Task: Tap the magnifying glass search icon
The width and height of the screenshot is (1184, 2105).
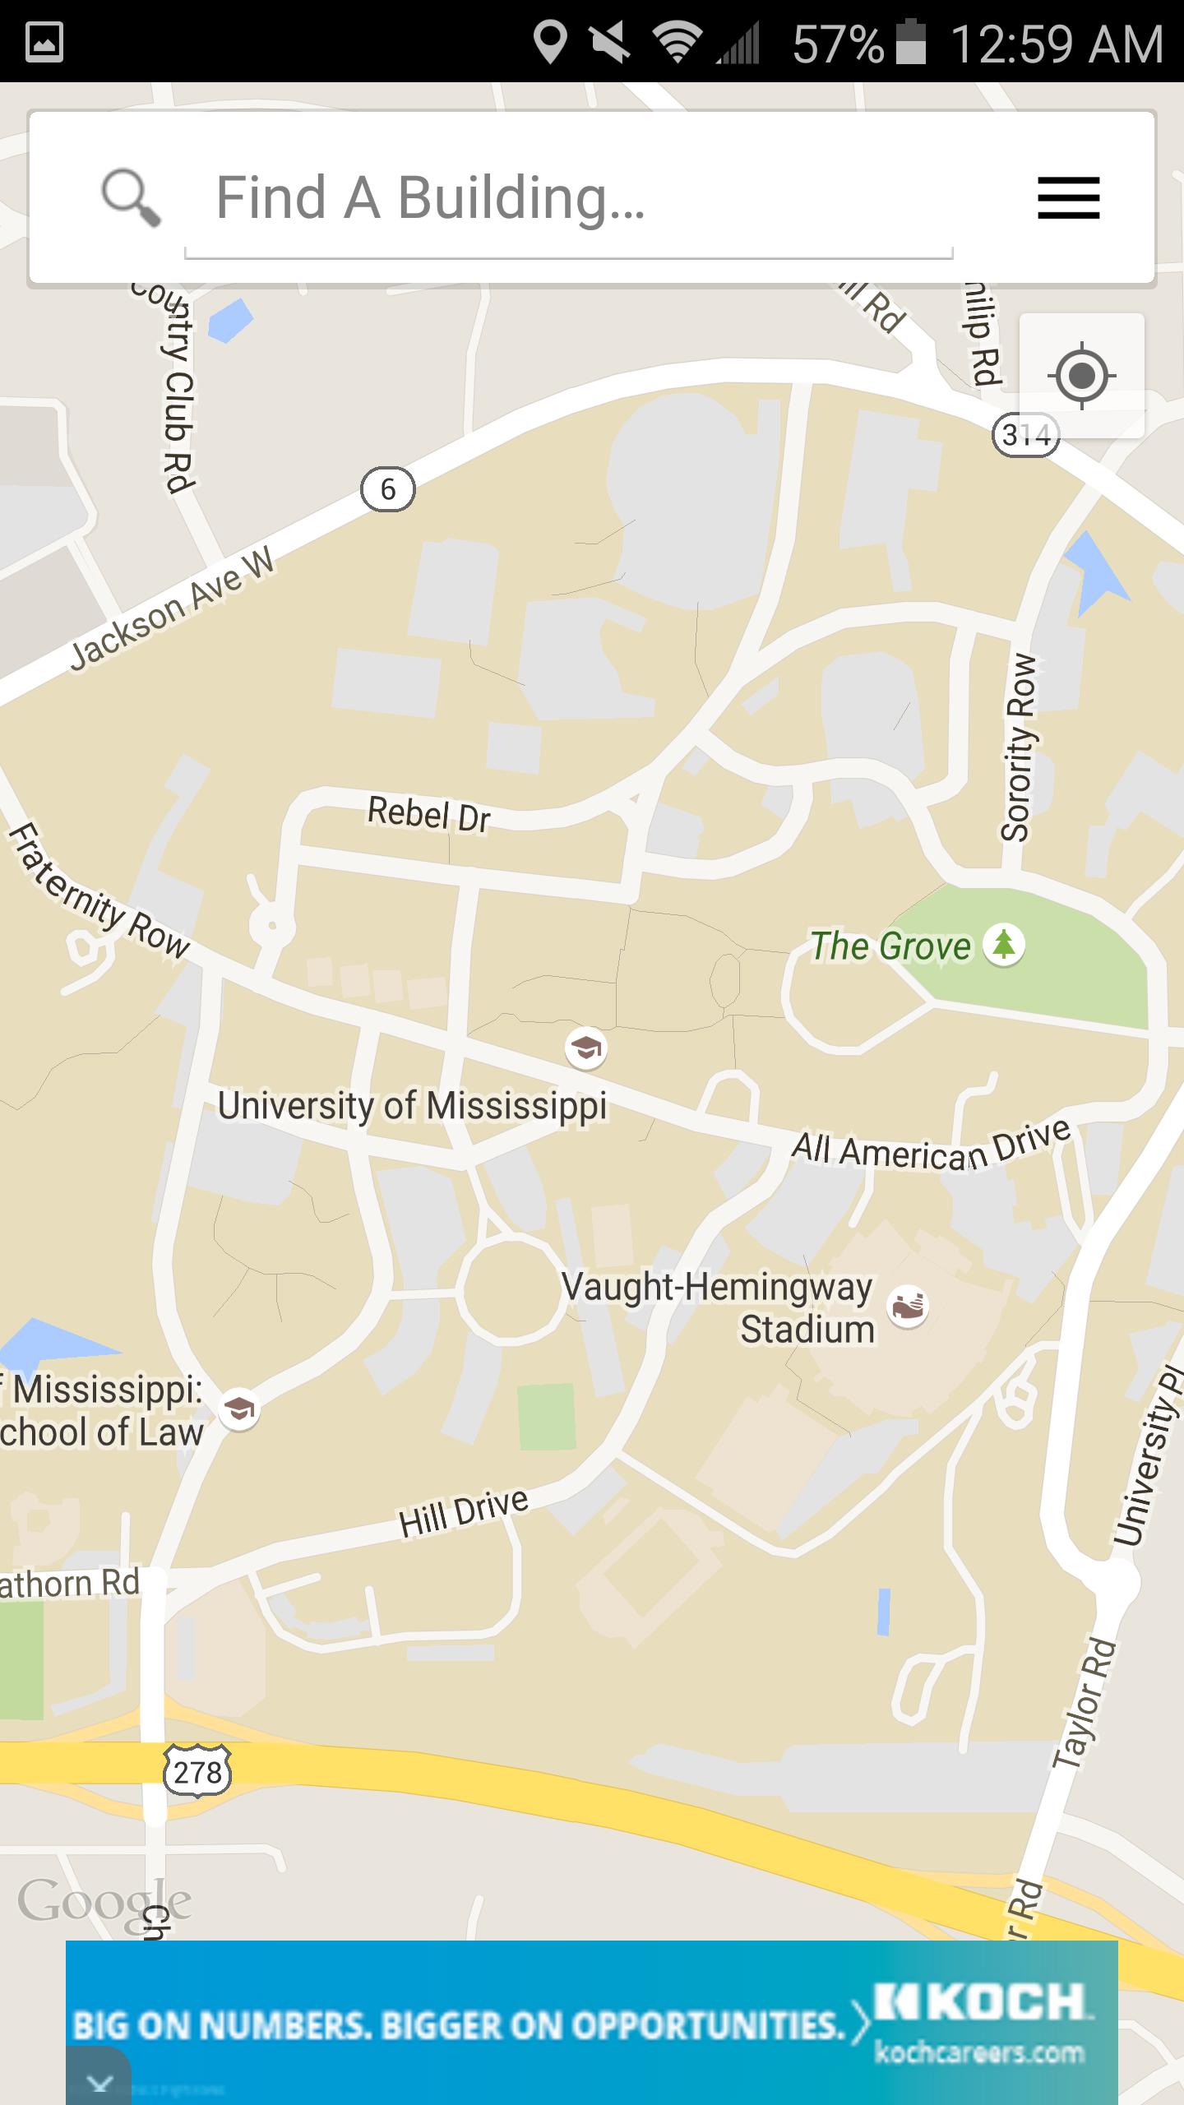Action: [130, 197]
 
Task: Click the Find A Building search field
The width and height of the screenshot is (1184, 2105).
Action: [567, 199]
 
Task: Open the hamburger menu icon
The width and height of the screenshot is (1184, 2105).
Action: [1068, 198]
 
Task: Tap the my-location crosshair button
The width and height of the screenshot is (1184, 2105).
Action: [1081, 377]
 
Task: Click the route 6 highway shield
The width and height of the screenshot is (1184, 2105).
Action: [388, 490]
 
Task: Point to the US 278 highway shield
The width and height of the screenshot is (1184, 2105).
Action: [197, 1771]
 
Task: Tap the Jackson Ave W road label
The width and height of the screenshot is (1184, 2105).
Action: [172, 609]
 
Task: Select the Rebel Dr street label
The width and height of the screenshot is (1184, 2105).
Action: [428, 814]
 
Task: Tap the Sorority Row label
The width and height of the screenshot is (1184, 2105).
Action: [1017, 747]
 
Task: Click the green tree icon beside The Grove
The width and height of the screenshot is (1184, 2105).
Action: [1003, 945]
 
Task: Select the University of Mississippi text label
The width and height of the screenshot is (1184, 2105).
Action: [412, 1106]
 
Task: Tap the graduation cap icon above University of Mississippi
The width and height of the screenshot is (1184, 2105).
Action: [585, 1048]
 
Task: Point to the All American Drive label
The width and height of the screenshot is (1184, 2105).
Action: [931, 1146]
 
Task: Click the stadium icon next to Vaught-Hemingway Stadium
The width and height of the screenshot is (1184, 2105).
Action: [908, 1307]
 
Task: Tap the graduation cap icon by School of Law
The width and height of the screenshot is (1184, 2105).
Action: [238, 1410]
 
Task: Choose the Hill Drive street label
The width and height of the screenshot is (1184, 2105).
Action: [464, 1512]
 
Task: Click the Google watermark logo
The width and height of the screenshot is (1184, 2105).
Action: [104, 1901]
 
